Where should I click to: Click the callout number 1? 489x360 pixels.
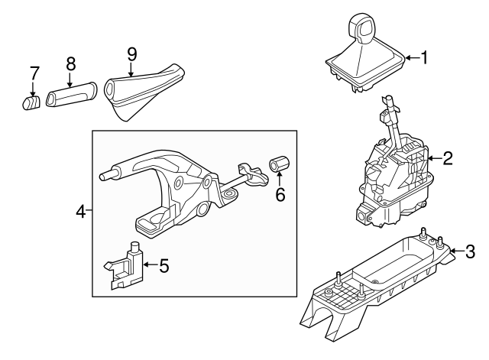click(x=425, y=57)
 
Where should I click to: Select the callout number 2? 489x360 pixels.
click(x=448, y=158)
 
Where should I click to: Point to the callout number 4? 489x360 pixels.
click(x=80, y=210)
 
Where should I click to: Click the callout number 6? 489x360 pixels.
click(x=280, y=195)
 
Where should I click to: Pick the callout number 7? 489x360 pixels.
click(x=34, y=73)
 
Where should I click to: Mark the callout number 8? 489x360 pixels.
click(x=70, y=63)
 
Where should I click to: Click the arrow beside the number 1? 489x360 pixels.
click(x=411, y=57)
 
